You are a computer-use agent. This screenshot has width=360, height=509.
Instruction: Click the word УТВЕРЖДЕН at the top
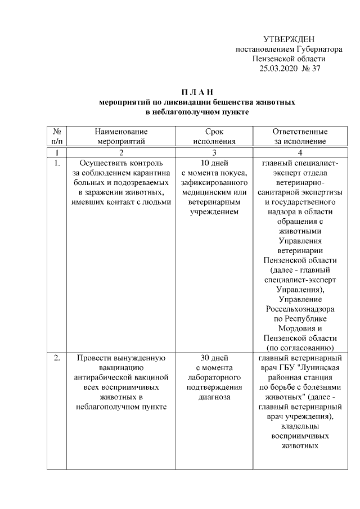point(289,39)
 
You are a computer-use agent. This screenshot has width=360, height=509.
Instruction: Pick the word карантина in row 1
point(151,173)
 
